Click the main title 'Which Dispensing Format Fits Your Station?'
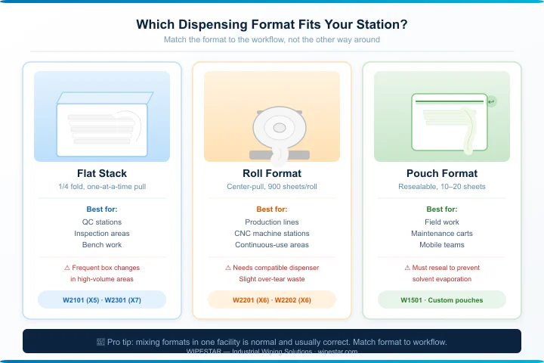(x=272, y=24)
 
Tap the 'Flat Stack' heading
(x=102, y=173)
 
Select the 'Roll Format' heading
(x=272, y=173)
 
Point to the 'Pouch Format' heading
(x=442, y=173)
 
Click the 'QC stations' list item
(x=102, y=222)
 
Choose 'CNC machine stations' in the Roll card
(x=272, y=234)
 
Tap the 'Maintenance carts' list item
(x=442, y=234)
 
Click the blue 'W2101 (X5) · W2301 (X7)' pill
(x=102, y=300)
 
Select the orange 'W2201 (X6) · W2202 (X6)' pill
(x=272, y=300)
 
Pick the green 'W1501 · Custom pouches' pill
(x=442, y=300)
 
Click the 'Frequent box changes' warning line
(x=102, y=268)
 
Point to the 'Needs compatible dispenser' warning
(x=272, y=268)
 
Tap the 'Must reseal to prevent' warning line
(x=442, y=268)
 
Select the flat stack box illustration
(x=102, y=124)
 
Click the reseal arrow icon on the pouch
(x=492, y=101)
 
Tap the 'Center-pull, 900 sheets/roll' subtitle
(x=272, y=186)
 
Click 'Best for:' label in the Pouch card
(x=442, y=209)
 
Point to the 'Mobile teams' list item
(x=442, y=245)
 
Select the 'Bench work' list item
(x=102, y=245)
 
